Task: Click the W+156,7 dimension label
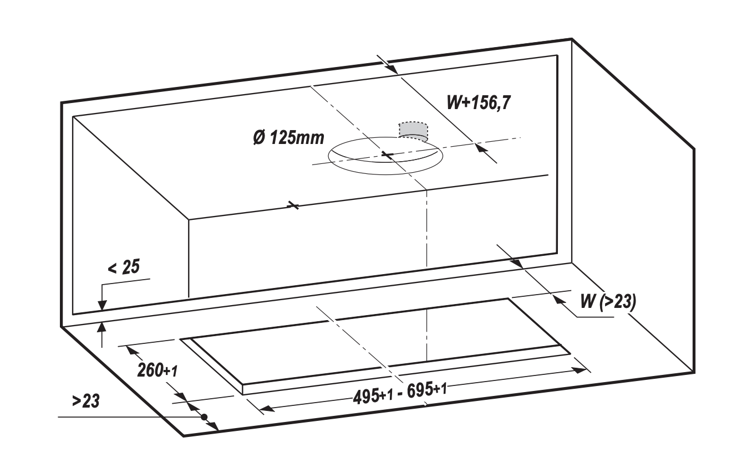point(479,102)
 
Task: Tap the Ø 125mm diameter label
point(288,138)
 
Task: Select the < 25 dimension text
point(124,267)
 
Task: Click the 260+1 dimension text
point(157,370)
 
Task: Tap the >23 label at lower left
point(86,401)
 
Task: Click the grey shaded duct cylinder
point(413,131)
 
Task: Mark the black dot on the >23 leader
point(204,417)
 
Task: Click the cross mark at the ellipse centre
point(387,154)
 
